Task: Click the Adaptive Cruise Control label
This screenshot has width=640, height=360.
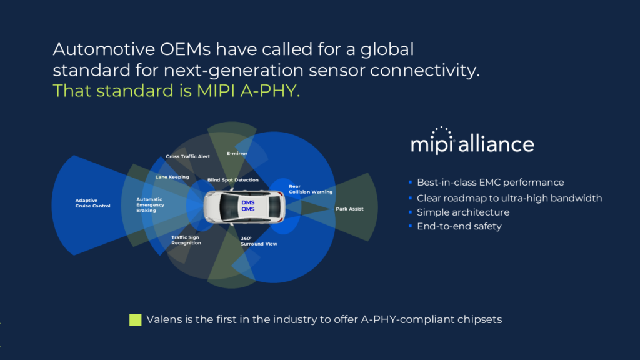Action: [92, 203]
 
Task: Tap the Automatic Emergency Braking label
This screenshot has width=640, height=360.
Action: [150, 205]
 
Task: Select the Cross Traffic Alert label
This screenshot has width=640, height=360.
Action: [187, 156]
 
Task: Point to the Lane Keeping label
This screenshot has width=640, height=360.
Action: [172, 177]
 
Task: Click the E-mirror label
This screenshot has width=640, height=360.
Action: [237, 154]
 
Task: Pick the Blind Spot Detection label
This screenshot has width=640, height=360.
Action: [232, 180]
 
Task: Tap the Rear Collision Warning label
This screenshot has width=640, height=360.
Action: [311, 189]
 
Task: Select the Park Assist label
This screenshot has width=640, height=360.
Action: [349, 209]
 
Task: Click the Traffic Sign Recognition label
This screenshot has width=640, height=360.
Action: [186, 240]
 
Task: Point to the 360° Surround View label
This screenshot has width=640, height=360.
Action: [259, 241]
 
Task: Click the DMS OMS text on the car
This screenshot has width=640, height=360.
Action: [247, 206]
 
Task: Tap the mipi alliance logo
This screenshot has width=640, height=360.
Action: [472, 141]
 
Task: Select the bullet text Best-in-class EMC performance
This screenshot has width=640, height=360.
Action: [490, 182]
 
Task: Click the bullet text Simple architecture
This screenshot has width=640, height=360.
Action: [463, 212]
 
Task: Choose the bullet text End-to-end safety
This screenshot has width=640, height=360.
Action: [459, 226]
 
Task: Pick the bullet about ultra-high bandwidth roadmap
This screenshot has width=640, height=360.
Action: [509, 198]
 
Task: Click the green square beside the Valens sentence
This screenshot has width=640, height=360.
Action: [136, 320]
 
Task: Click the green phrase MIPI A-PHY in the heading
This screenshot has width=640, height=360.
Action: [247, 91]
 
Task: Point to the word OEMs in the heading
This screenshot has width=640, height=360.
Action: [185, 49]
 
